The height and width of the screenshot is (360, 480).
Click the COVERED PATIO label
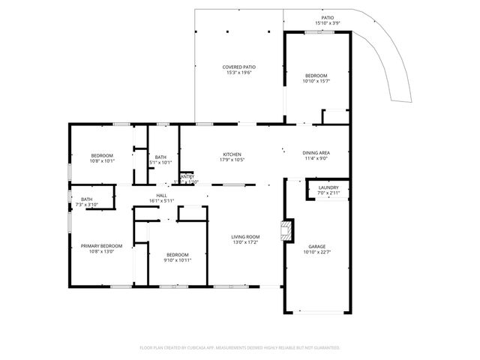239,67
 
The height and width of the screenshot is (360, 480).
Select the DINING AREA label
316,152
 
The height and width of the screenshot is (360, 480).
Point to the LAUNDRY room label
328,187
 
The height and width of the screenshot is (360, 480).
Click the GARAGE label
316,246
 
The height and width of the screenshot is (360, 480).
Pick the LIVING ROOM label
245,236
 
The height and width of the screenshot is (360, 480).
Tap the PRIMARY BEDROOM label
101,245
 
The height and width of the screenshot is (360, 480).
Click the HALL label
161,195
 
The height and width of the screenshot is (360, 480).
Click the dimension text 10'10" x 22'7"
316,252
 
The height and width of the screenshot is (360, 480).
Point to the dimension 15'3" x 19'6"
239,73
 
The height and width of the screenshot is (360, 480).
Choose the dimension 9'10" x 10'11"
178,259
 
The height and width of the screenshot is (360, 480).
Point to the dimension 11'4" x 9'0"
316,158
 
